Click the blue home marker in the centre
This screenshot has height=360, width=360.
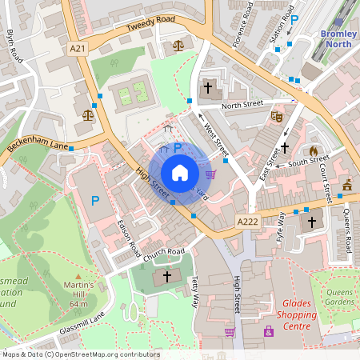click(x=180, y=172)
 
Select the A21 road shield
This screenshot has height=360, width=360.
click(x=78, y=49)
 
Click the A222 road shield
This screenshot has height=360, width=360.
click(x=247, y=222)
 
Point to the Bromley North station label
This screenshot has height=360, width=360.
click(x=338, y=38)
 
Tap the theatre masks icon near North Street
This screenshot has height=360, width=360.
click(x=278, y=117)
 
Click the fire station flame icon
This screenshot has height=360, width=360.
click(x=314, y=150)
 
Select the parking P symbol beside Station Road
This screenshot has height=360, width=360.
click(x=294, y=21)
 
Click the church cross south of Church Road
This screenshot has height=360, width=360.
click(x=167, y=277)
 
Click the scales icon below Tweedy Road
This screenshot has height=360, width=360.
click(x=178, y=46)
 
